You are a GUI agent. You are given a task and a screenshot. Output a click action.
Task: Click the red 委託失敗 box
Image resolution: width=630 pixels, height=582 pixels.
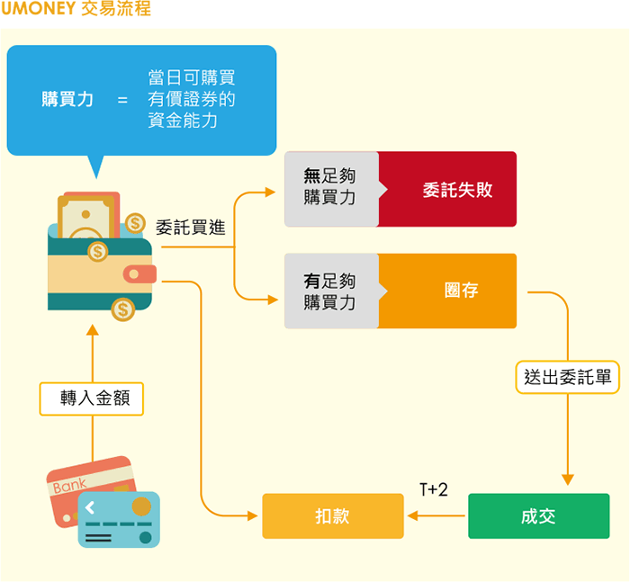[457, 190]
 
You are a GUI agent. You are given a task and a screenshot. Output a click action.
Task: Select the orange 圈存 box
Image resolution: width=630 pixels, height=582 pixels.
[460, 291]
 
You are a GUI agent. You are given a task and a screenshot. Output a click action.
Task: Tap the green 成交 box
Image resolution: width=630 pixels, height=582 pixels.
[538, 516]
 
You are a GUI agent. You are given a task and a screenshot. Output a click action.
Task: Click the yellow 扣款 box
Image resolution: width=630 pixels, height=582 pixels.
[332, 516]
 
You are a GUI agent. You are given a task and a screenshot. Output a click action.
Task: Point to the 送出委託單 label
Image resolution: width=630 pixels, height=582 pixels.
[568, 378]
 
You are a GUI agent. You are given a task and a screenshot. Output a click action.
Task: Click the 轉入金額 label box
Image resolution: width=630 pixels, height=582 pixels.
[93, 398]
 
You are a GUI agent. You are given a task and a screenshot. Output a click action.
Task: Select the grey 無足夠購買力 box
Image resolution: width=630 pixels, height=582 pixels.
[330, 189]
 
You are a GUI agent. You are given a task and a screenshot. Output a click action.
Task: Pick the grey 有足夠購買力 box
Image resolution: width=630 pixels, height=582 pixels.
[330, 291]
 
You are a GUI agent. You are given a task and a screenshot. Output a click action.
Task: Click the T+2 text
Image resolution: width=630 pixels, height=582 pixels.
[433, 489]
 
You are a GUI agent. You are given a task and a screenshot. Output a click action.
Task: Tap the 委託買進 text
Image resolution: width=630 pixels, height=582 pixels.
[190, 228]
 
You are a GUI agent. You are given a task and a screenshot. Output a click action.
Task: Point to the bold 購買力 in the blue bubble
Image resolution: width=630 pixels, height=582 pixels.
[67, 99]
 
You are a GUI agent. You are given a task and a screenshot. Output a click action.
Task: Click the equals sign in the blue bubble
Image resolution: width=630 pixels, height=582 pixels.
[122, 100]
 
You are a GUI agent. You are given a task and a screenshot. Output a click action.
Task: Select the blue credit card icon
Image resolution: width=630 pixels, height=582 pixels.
[119, 519]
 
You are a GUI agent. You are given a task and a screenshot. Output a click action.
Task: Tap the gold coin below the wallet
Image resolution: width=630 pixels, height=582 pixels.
[123, 310]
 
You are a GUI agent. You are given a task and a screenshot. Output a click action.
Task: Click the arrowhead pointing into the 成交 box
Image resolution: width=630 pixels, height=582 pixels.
[568, 479]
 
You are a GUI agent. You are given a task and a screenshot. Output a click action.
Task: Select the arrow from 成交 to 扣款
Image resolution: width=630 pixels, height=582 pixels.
[436, 516]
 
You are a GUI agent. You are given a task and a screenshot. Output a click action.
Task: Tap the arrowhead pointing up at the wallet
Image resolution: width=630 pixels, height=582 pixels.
[92, 329]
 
